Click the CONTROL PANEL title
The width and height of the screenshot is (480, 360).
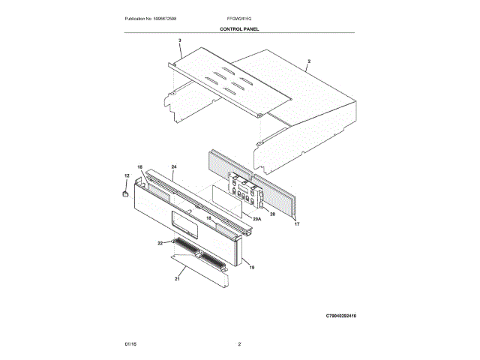click(x=239, y=29)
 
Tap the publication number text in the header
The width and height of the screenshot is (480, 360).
click(x=150, y=19)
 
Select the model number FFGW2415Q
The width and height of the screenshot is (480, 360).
click(x=239, y=19)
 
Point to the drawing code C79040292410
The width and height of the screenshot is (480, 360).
click(x=341, y=316)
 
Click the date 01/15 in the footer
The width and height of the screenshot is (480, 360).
click(x=130, y=344)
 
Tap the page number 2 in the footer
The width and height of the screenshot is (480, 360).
click(x=239, y=344)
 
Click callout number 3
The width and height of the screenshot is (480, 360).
click(x=180, y=40)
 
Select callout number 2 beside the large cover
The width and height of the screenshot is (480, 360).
click(x=309, y=61)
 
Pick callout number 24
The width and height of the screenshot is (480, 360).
click(x=174, y=166)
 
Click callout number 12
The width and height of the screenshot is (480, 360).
click(x=127, y=175)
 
